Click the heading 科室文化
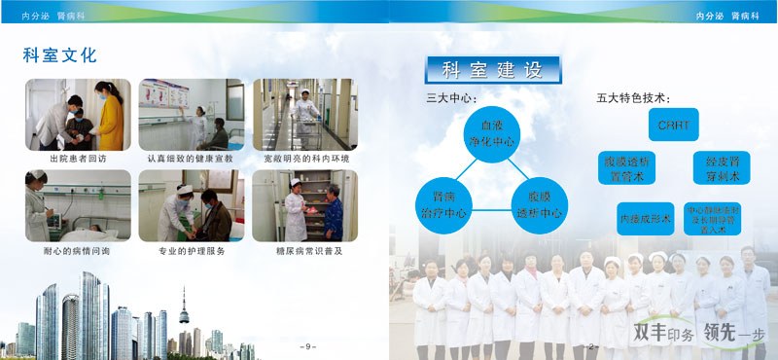coord(59,54)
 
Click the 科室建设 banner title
coord(492,70)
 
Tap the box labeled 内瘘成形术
coord(645,219)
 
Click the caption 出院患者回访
coord(78,158)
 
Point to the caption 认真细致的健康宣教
coord(190,158)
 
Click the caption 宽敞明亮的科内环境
coord(305,158)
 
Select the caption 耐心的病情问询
coord(78,250)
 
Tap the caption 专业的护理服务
coord(191,250)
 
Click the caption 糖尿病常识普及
coord(304,250)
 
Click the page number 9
coord(307,345)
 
